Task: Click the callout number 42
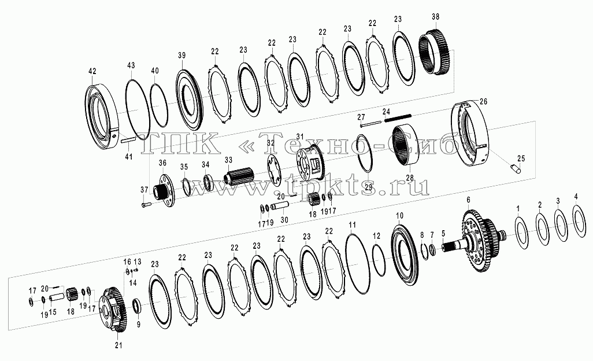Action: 92,71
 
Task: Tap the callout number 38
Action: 435,17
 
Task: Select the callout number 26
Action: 483,101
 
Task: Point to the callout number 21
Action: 118,345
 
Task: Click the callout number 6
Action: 468,200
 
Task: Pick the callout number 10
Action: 400,216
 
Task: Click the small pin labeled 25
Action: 516,168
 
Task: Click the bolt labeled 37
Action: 146,205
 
